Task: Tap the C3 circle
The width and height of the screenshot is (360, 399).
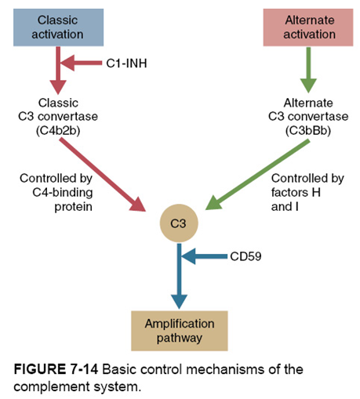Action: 180,224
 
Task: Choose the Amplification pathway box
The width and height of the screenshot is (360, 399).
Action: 180,331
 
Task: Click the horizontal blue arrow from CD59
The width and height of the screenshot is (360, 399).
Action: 205,256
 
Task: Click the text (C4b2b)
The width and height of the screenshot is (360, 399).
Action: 59,129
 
